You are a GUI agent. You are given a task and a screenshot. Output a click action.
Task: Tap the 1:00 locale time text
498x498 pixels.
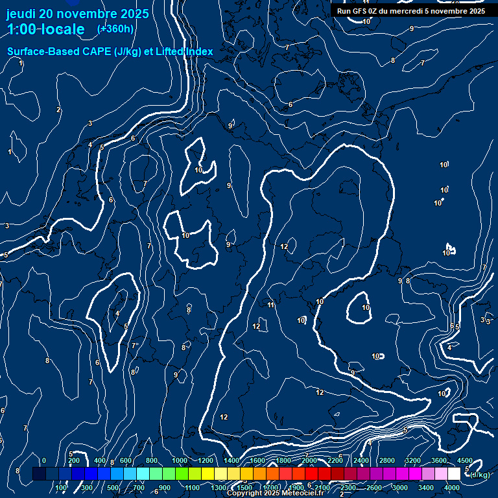pyautogui.click(x=45, y=29)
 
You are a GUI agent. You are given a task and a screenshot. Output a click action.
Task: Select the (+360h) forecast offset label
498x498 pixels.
pyautogui.click(x=115, y=29)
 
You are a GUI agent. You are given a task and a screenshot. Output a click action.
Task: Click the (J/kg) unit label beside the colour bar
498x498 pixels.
pyautogui.click(x=480, y=475)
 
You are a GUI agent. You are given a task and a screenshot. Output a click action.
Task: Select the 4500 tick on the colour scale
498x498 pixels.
pyautogui.click(x=465, y=460)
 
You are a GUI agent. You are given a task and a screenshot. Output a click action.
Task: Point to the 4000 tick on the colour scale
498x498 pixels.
pyautogui.click(x=453, y=488)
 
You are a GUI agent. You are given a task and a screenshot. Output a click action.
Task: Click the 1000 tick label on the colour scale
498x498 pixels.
pyautogui.click(x=179, y=460)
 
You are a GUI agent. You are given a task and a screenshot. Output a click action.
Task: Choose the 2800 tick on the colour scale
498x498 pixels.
pyautogui.click(x=387, y=460)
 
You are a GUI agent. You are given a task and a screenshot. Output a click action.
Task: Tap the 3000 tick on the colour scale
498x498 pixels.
pyautogui.click(x=400, y=488)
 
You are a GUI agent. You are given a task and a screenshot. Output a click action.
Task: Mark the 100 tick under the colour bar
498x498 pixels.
pyautogui.click(x=62, y=488)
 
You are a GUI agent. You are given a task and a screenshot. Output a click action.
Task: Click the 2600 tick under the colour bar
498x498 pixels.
pyautogui.click(x=374, y=488)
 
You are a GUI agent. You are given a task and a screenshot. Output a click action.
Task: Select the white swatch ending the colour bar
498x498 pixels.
pyautogui.click(x=455, y=474)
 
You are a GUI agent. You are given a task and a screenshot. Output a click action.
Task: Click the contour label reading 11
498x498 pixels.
pyautogui.click(x=271, y=305)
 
